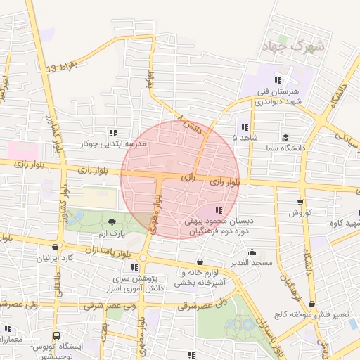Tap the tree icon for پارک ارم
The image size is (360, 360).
click(114, 222)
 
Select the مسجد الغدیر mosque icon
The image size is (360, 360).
click(252, 252)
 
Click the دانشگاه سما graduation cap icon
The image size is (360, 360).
click(285, 137)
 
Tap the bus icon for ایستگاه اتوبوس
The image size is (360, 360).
click(56, 336)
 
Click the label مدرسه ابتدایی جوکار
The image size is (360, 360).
click(112, 143)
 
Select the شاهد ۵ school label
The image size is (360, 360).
click(245, 138)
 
